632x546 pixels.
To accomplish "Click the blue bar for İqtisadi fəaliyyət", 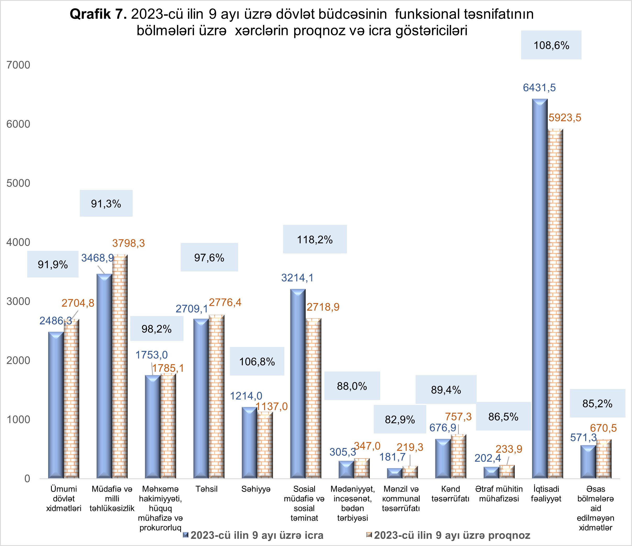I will point(540,289).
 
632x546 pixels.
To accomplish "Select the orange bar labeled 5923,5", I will point(555,305).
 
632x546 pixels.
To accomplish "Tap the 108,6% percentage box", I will point(551,45).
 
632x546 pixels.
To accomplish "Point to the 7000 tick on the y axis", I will point(18,65).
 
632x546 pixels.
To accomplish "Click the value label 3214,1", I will point(297,277).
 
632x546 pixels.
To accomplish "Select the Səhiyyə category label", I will point(256,489).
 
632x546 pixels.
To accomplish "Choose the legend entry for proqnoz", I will point(452,535).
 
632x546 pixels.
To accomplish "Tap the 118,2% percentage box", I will point(315,240).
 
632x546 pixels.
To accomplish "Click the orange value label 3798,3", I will point(128,243).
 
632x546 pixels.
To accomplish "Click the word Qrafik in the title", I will point(90,14).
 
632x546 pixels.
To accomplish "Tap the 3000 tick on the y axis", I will point(18,301).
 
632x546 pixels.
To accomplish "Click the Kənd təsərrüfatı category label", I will point(450,494).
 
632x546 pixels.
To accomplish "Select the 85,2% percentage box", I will point(597,403).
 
